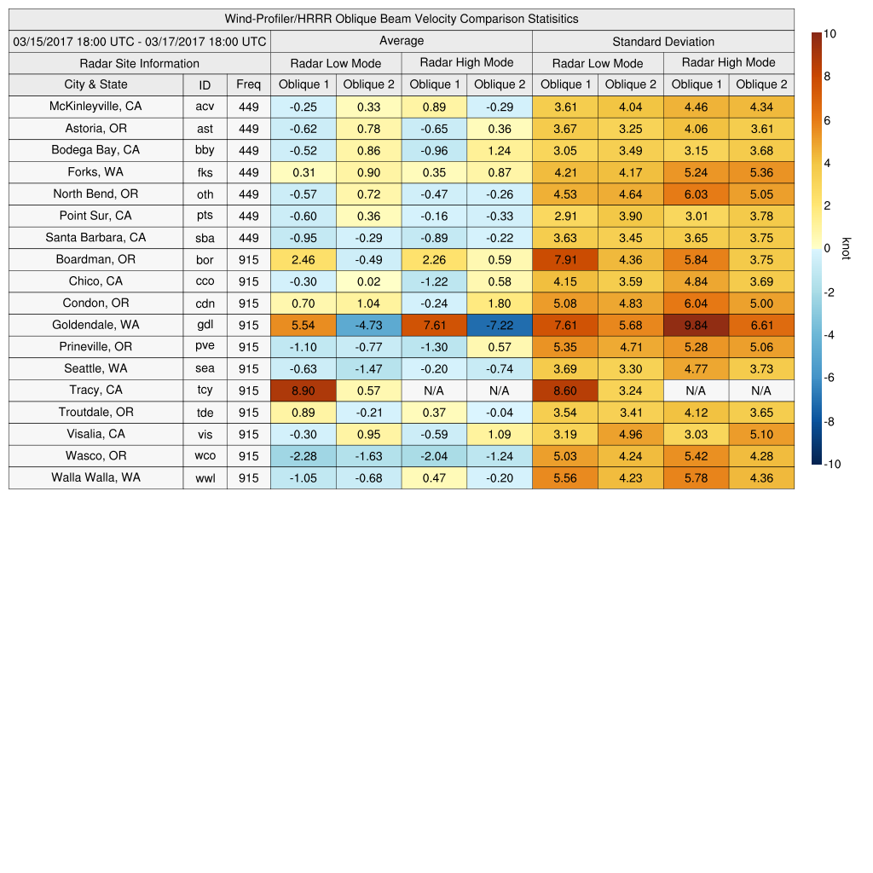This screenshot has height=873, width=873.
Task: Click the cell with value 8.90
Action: click(x=303, y=390)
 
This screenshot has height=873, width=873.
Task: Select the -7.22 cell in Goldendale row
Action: click(x=500, y=325)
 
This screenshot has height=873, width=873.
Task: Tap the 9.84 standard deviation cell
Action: click(x=696, y=325)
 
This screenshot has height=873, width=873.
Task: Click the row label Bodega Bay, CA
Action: click(x=95, y=150)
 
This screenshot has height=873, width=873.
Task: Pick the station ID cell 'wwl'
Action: click(x=205, y=478)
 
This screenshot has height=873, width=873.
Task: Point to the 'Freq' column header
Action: click(x=248, y=84)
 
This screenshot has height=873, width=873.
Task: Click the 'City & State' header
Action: click(x=95, y=84)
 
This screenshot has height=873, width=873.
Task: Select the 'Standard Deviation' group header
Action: click(x=663, y=42)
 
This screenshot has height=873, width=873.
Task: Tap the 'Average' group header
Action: click(x=401, y=41)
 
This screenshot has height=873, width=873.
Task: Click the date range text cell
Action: click(x=139, y=42)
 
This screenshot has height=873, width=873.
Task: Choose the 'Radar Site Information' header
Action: click(x=139, y=63)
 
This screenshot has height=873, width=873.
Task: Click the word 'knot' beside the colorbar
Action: click(x=846, y=248)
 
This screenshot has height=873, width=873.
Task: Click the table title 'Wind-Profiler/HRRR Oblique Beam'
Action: click(x=401, y=19)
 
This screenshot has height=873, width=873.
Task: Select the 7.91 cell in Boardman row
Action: click(x=564, y=260)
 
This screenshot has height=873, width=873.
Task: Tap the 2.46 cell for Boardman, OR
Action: click(x=303, y=259)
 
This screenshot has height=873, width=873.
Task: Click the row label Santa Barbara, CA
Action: click(x=95, y=238)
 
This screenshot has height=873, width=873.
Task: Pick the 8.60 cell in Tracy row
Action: click(x=564, y=390)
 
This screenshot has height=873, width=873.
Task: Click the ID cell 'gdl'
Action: click(x=205, y=325)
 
